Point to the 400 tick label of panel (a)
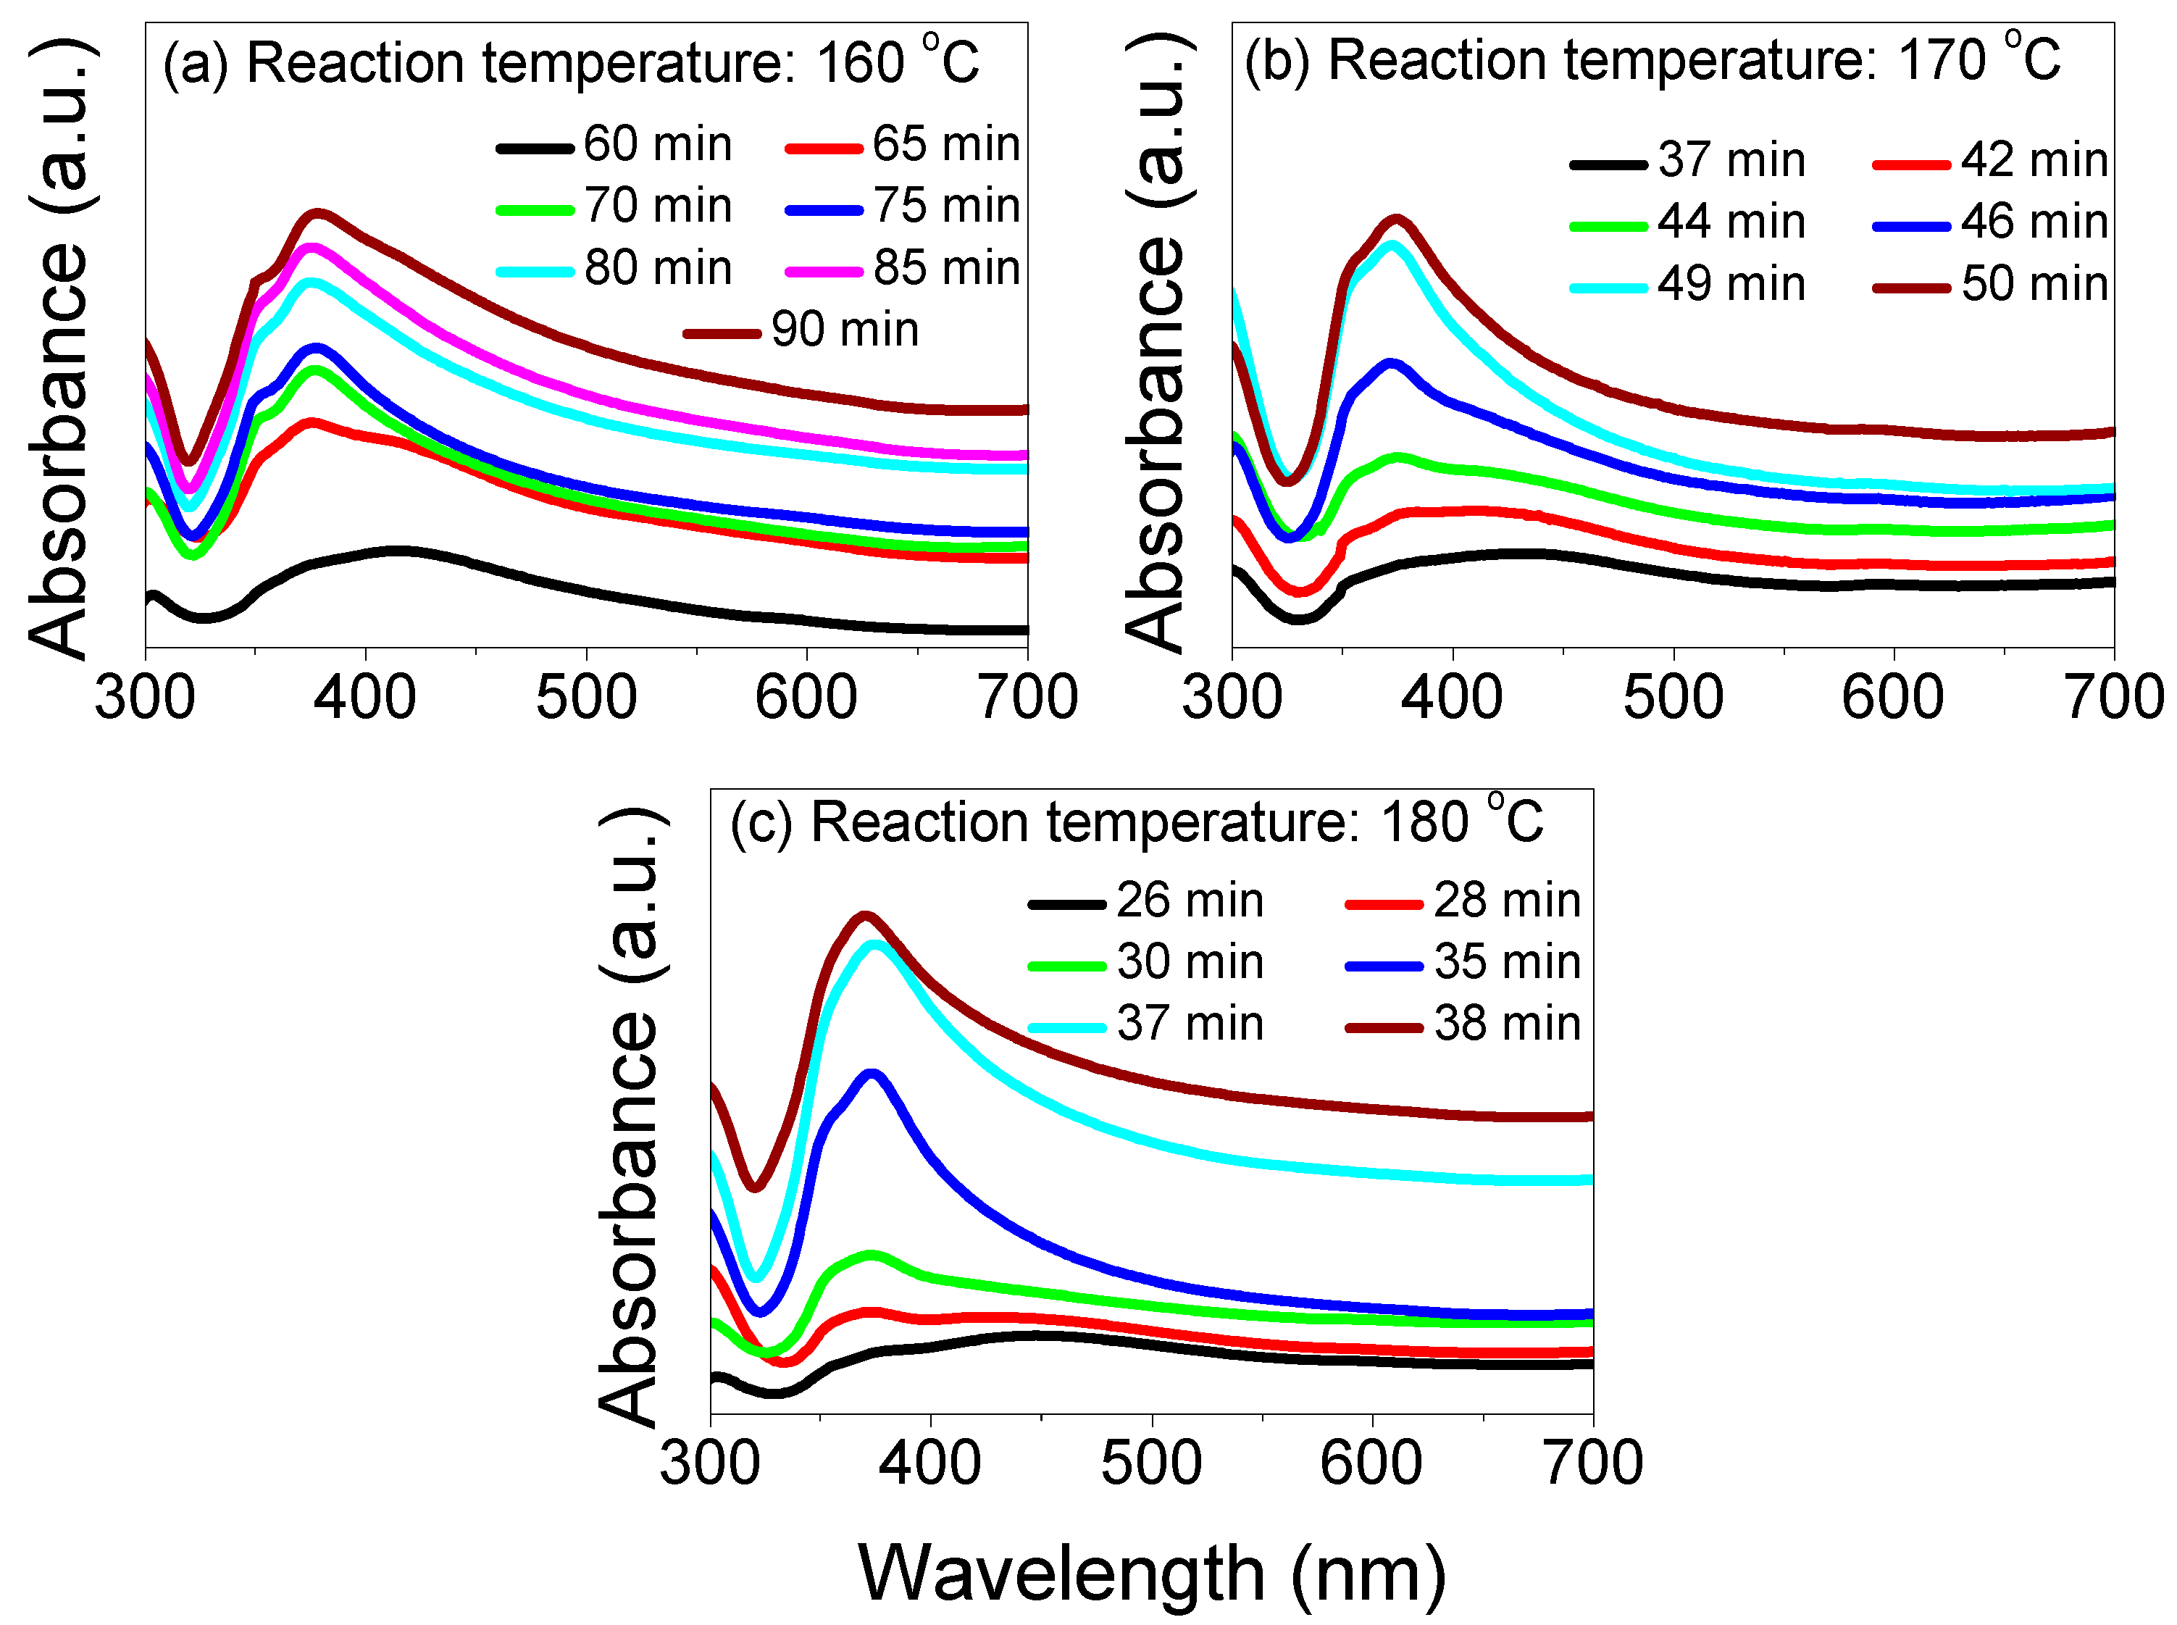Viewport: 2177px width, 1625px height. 365,698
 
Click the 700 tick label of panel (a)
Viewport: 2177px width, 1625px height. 1028,698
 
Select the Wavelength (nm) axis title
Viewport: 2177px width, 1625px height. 1152,1574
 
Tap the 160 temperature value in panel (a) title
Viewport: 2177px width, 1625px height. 860,63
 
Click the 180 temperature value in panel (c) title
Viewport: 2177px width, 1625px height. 1424,822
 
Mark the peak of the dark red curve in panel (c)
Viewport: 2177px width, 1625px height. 865,916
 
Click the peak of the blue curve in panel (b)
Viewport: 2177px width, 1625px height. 1391,363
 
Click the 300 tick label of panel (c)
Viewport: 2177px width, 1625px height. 709,1463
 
